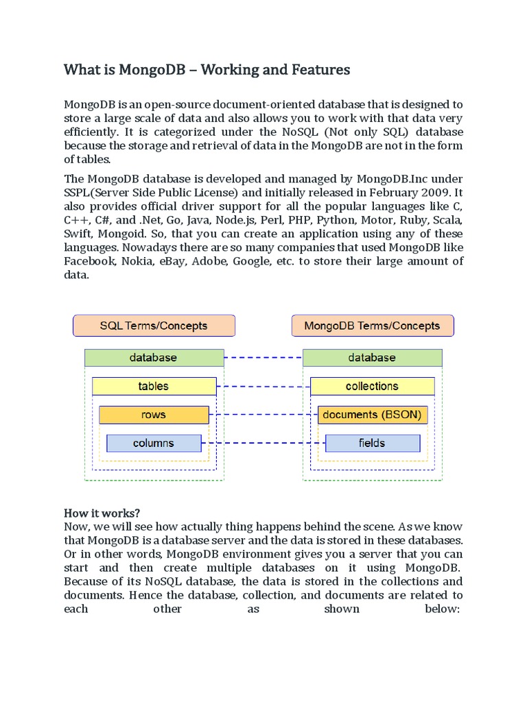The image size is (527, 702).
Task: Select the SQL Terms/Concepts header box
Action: (154, 326)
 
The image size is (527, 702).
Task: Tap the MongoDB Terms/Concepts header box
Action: (372, 326)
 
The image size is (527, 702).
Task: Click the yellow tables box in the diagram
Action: (154, 386)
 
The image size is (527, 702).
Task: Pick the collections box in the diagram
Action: (372, 386)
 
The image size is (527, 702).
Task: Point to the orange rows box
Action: (154, 415)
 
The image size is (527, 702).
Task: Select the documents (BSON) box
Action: (372, 415)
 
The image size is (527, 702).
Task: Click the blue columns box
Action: (154, 443)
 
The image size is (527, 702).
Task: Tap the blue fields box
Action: (372, 443)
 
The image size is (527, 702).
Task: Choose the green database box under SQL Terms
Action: (154, 358)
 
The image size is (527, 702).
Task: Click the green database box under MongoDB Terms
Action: (372, 358)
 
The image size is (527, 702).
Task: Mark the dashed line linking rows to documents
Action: (263, 415)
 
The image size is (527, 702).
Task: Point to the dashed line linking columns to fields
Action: (263, 443)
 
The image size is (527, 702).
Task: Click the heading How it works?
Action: (102, 513)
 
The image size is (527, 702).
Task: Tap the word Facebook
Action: (89, 261)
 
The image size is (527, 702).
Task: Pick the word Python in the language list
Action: (337, 220)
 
